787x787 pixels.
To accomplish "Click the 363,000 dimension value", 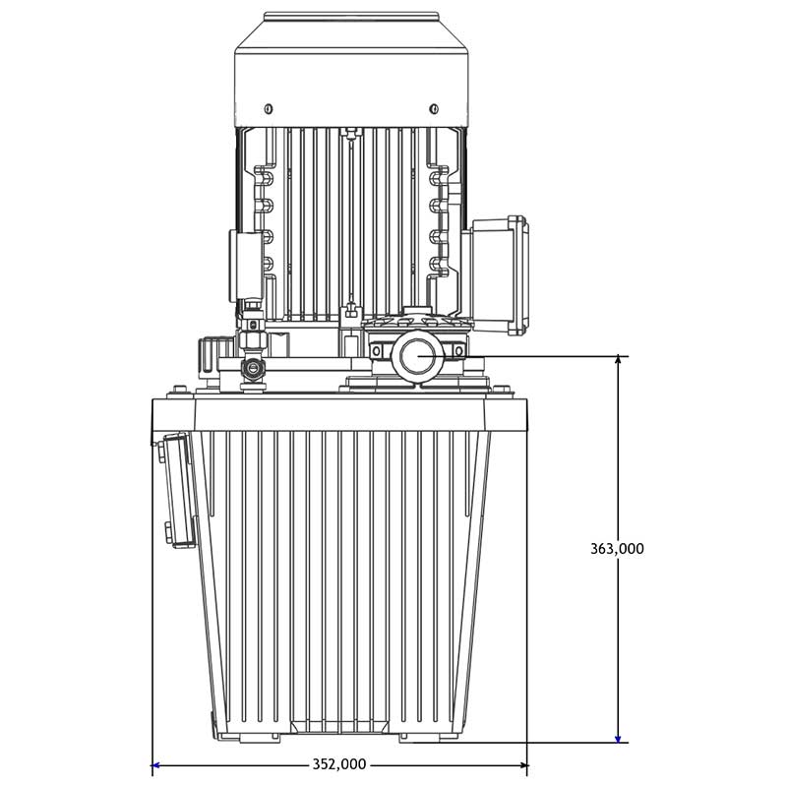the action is [x=617, y=549].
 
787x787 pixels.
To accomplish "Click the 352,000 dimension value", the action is [x=339, y=764].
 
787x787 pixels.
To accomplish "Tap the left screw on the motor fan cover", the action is [x=269, y=108].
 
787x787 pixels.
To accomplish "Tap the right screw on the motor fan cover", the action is [x=434, y=108].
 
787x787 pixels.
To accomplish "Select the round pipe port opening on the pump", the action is [x=417, y=356].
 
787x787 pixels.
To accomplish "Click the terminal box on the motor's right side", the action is [x=496, y=275].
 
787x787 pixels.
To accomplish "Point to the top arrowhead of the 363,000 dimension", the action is [x=618, y=360].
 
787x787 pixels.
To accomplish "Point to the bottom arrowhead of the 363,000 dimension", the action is [x=618, y=737].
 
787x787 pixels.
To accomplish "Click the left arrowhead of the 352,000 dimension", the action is [x=156, y=765].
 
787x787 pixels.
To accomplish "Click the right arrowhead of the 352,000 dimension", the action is [x=522, y=765].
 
